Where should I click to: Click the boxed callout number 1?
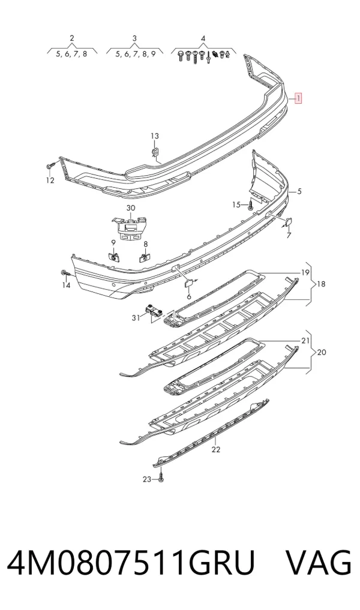tap(298, 98)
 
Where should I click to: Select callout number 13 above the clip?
tap(155, 136)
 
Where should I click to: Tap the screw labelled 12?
tap(49, 166)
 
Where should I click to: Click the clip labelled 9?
tap(113, 256)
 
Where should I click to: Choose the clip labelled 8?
tap(145, 257)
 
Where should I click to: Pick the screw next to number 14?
tap(65, 273)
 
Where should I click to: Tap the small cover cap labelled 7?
tap(289, 222)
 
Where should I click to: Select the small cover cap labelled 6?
tap(189, 282)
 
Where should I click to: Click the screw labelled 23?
tap(161, 477)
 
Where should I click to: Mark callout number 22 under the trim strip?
tap(215, 449)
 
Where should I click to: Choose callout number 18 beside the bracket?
tap(321, 284)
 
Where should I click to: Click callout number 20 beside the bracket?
tap(322, 353)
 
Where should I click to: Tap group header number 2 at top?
tap(72, 38)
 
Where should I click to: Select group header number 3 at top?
tap(134, 38)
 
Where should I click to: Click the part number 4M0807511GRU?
tap(131, 563)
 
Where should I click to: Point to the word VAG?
tap(319, 563)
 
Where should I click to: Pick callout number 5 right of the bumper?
tap(299, 191)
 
